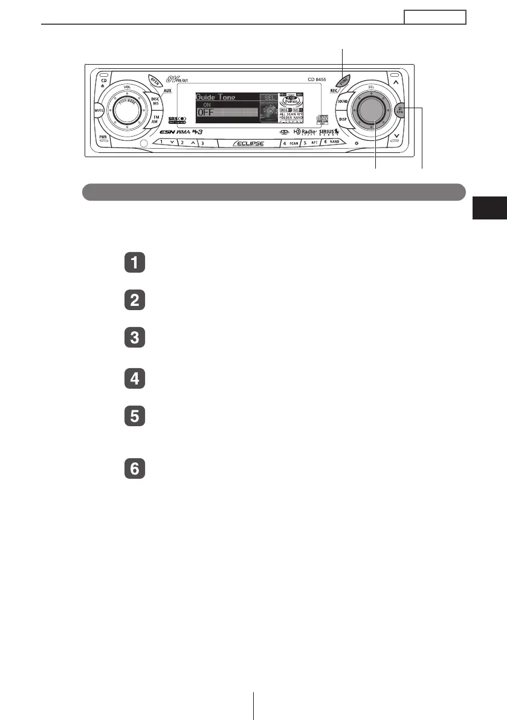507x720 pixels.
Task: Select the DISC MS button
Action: (x=155, y=101)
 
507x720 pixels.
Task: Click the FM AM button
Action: (x=155, y=120)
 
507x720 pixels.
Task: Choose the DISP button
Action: (x=343, y=120)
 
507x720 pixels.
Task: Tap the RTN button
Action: (x=399, y=110)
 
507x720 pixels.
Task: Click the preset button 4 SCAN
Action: (x=291, y=144)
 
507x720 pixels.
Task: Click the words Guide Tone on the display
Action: (x=215, y=97)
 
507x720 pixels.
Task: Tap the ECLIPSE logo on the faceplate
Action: (x=246, y=144)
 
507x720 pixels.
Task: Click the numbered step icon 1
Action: (x=135, y=263)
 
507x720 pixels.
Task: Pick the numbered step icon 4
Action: (x=135, y=379)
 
